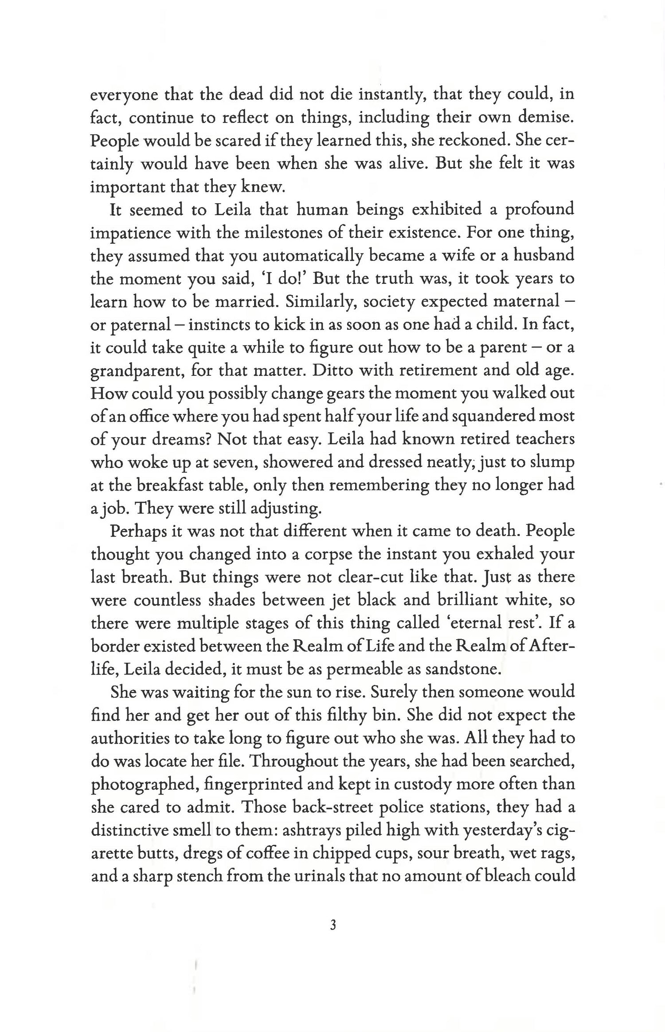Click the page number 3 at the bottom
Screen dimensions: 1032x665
tap(333, 925)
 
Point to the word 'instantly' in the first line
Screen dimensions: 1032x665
tap(391, 95)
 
